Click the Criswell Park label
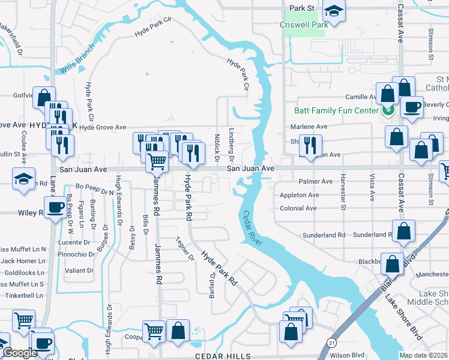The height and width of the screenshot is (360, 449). pos(304,25)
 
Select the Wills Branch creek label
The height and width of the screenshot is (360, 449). pos(77,59)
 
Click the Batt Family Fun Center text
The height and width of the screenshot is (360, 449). pos(336,110)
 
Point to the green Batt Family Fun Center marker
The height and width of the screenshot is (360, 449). pos(387,110)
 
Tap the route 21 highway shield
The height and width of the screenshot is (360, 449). pos(331,342)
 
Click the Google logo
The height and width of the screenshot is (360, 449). pos(20,353)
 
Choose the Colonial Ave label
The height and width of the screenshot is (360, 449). pos(298,209)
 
